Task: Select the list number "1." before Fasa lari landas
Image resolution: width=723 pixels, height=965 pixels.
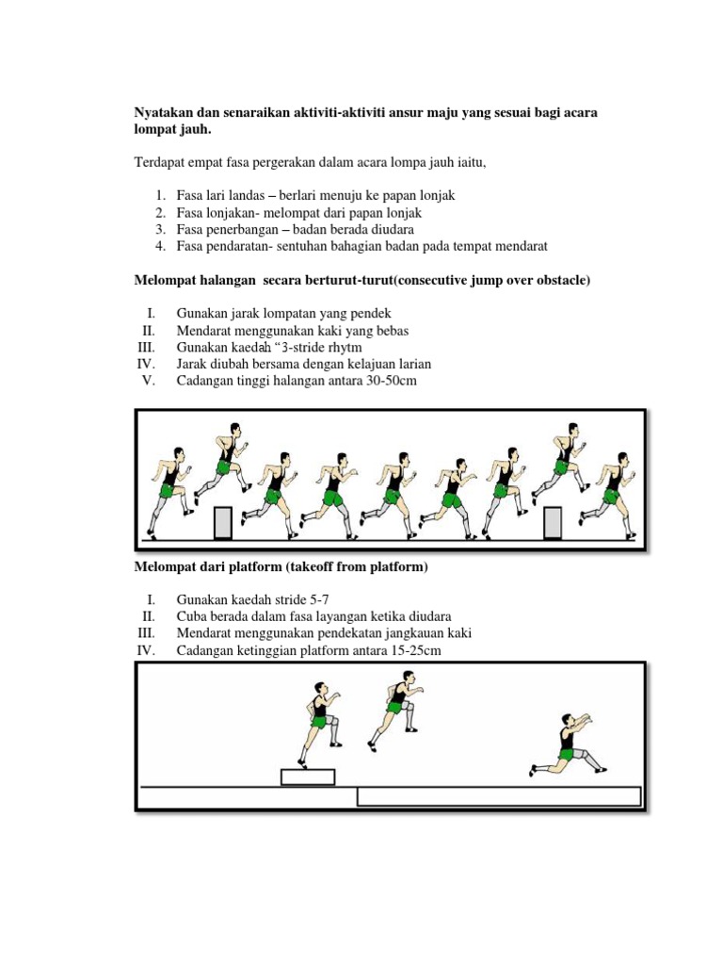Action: click(x=161, y=196)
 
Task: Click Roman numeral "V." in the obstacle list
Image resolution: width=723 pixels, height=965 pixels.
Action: click(x=148, y=381)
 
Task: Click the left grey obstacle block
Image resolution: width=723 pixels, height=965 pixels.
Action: click(x=223, y=522)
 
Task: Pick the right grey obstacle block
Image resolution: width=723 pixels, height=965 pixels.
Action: click(x=553, y=522)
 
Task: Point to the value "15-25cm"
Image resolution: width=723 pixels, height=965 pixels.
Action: click(x=412, y=651)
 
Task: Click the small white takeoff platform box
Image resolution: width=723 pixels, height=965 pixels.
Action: click(x=308, y=777)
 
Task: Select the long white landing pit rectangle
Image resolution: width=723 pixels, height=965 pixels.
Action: click(x=499, y=797)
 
